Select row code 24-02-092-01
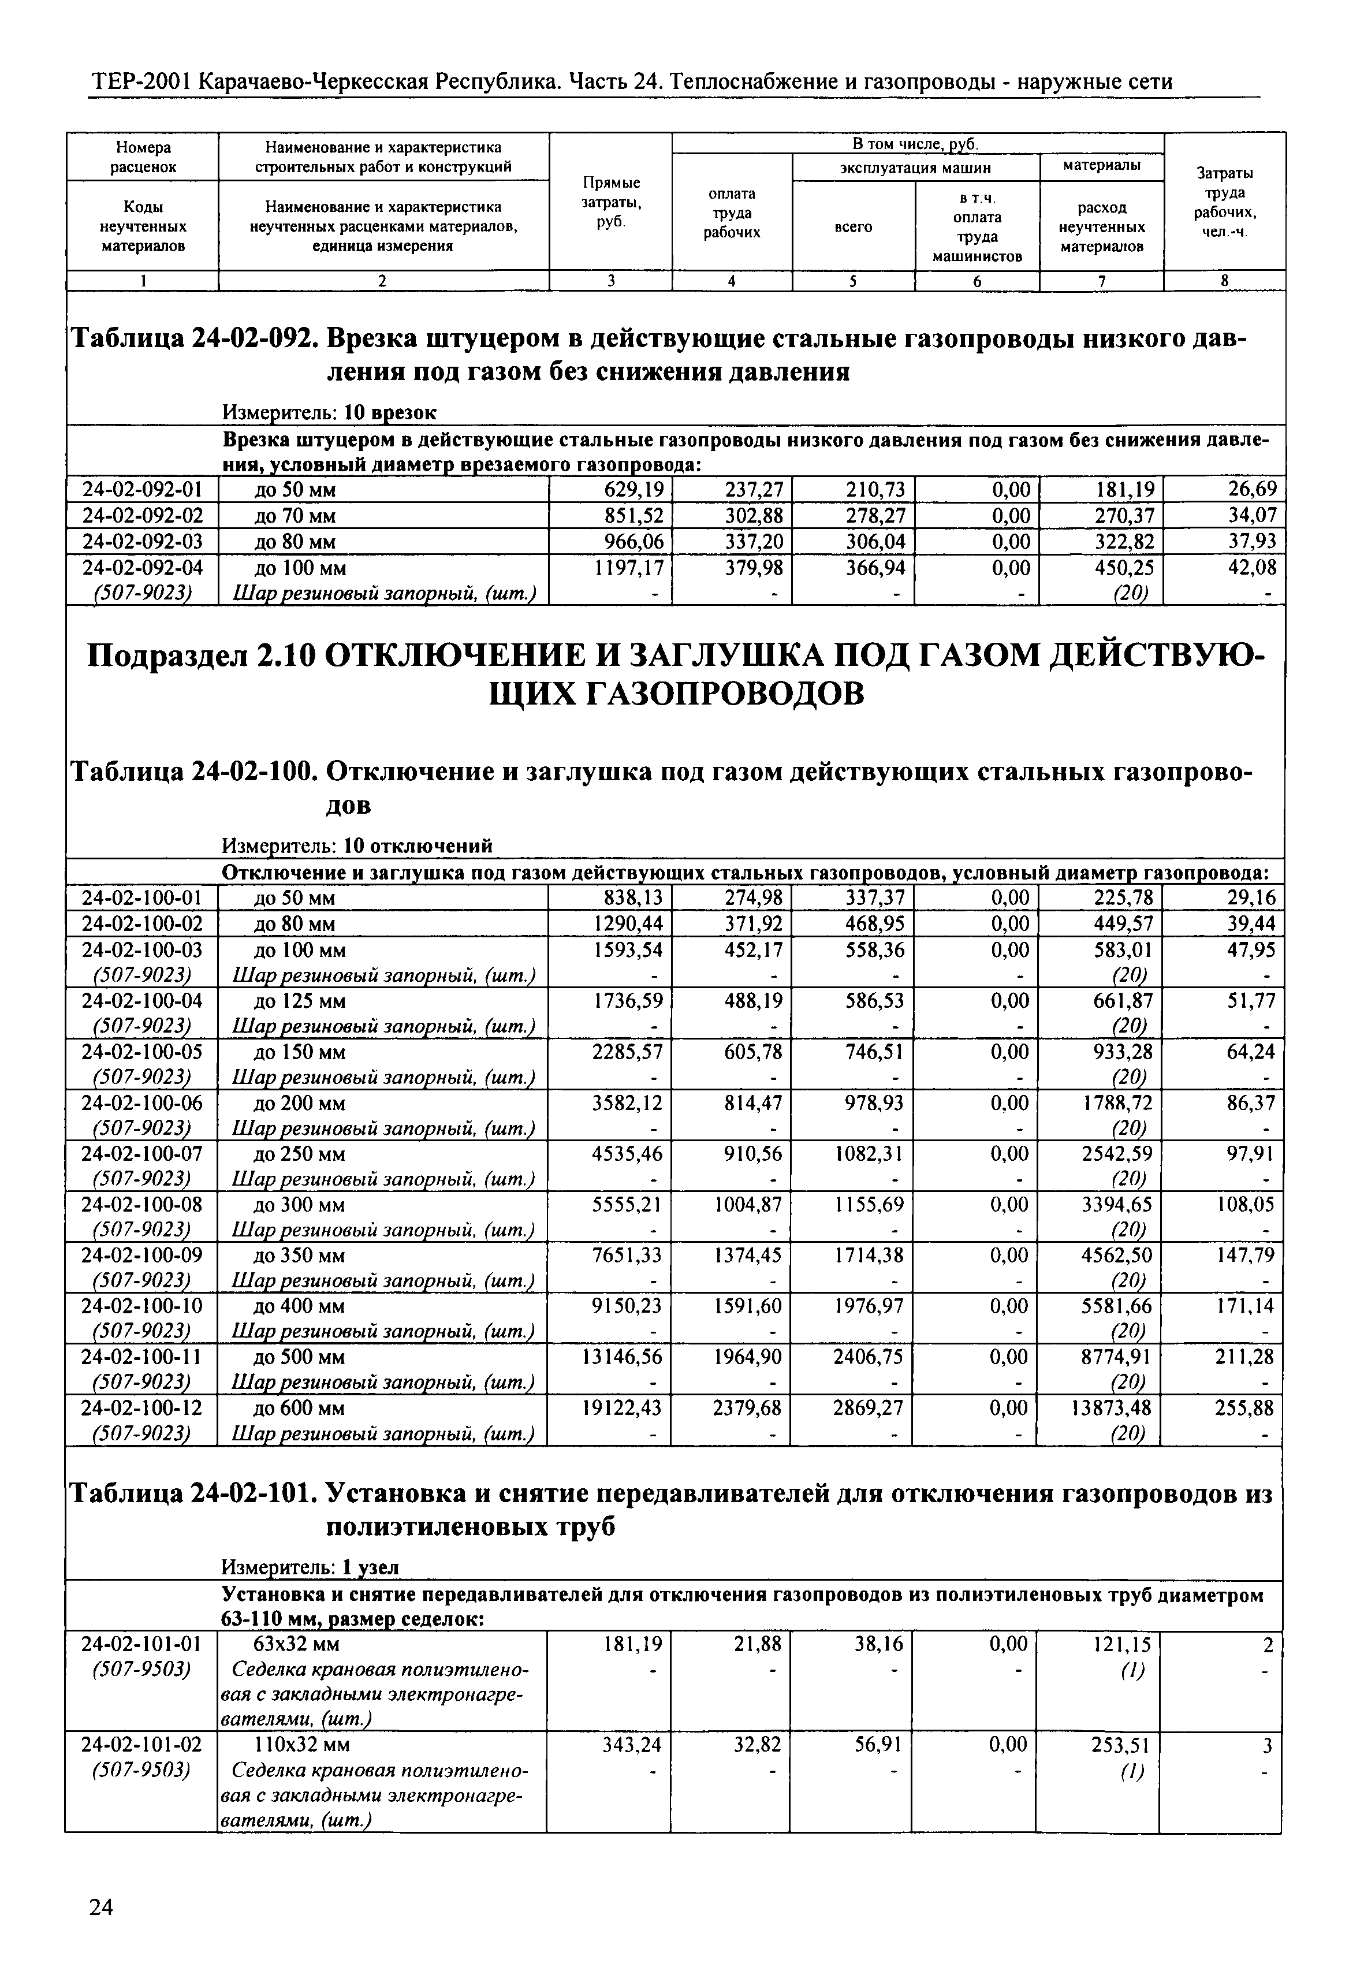[x=142, y=490]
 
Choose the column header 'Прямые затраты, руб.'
[x=611, y=202]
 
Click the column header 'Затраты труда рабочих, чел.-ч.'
[x=1225, y=202]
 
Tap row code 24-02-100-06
[x=142, y=1104]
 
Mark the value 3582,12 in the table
[x=627, y=1104]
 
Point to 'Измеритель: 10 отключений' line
[x=357, y=846]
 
